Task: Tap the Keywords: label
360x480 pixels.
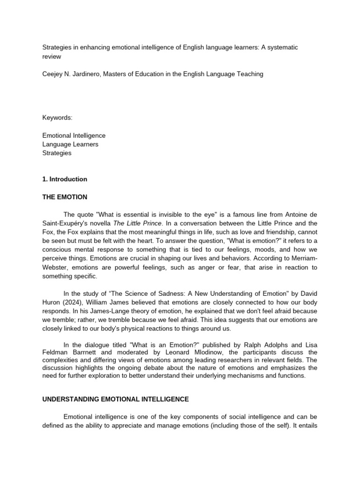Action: [x=57, y=118]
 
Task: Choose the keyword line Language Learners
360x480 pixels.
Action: [x=70, y=144]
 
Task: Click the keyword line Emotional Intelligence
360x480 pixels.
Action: [x=74, y=135]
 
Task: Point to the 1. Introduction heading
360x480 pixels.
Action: [x=65, y=179]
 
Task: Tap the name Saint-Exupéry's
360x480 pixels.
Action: [x=64, y=223]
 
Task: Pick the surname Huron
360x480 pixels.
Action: [x=52, y=302]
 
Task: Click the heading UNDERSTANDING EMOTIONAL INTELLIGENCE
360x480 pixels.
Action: [x=115, y=399]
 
